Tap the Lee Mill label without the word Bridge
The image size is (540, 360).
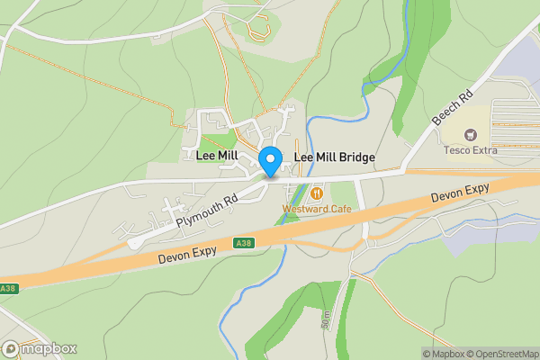point(217,156)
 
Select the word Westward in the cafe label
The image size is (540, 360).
point(301,209)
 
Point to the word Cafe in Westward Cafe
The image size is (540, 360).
point(337,209)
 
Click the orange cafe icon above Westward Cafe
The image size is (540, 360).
point(316,193)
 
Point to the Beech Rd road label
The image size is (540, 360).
point(451,107)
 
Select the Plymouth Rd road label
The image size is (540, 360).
point(207,211)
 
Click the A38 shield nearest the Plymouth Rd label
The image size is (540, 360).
point(242,243)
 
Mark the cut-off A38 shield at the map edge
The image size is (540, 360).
point(7,289)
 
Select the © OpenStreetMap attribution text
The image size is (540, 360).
point(504,354)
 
